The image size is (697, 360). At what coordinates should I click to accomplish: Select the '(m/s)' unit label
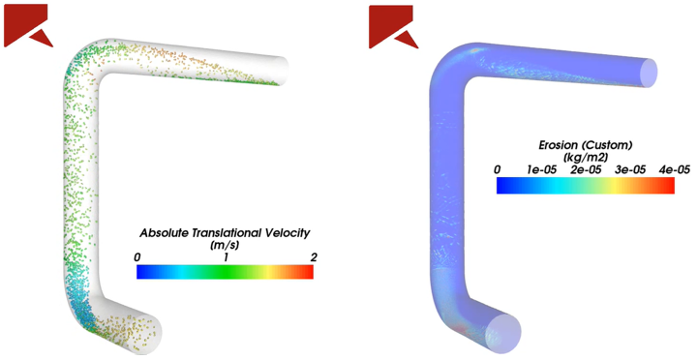(x=225, y=246)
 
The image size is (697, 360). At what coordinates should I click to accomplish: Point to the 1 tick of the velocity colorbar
(x=226, y=257)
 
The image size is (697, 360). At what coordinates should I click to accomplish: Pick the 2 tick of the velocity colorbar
(x=310, y=257)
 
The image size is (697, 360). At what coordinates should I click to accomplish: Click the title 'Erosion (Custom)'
(x=585, y=145)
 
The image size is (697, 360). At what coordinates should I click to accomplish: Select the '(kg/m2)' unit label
(x=585, y=158)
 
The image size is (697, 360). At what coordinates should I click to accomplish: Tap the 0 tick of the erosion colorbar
(x=498, y=169)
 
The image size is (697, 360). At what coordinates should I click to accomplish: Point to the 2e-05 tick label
(x=586, y=169)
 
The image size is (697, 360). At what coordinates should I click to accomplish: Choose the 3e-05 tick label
(x=629, y=169)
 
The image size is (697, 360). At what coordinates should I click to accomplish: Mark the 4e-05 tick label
(x=670, y=169)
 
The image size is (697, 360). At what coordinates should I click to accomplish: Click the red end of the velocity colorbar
(x=308, y=273)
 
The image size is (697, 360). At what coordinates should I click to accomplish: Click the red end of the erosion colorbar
(x=667, y=186)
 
